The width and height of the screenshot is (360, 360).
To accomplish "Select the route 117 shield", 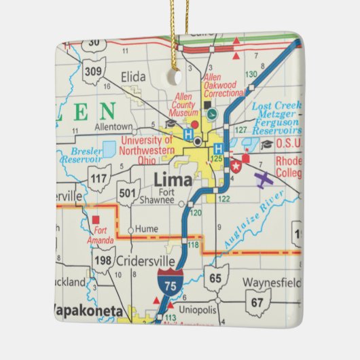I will point(99,179).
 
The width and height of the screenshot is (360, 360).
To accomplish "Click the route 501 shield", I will point(127,194).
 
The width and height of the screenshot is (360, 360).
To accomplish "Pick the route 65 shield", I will point(216,277).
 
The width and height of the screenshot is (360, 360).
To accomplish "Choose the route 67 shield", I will point(258,302).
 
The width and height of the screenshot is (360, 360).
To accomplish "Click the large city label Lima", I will point(173,181).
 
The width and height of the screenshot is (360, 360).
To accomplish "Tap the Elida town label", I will point(133,77).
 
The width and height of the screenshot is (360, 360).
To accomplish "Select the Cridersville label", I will point(141,262).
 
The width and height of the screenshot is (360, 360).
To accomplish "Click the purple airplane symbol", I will point(263,180).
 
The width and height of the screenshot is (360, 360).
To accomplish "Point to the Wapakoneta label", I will point(88,311).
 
